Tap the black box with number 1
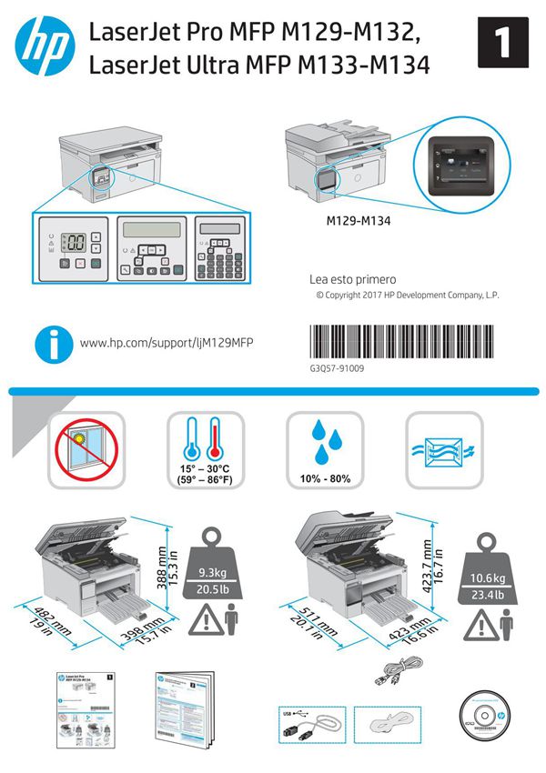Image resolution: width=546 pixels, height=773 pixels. click(500, 44)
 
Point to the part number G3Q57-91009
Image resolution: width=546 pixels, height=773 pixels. click(337, 368)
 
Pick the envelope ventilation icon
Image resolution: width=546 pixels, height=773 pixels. click(444, 449)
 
